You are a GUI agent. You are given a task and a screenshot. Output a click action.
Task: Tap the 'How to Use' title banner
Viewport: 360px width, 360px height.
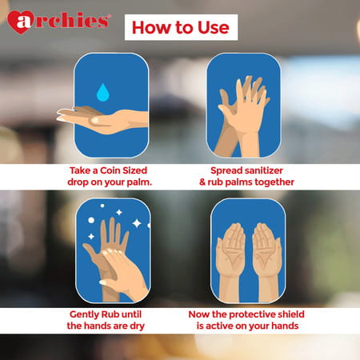click(x=179, y=26)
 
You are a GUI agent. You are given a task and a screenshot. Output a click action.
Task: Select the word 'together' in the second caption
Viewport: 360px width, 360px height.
click(x=271, y=182)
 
